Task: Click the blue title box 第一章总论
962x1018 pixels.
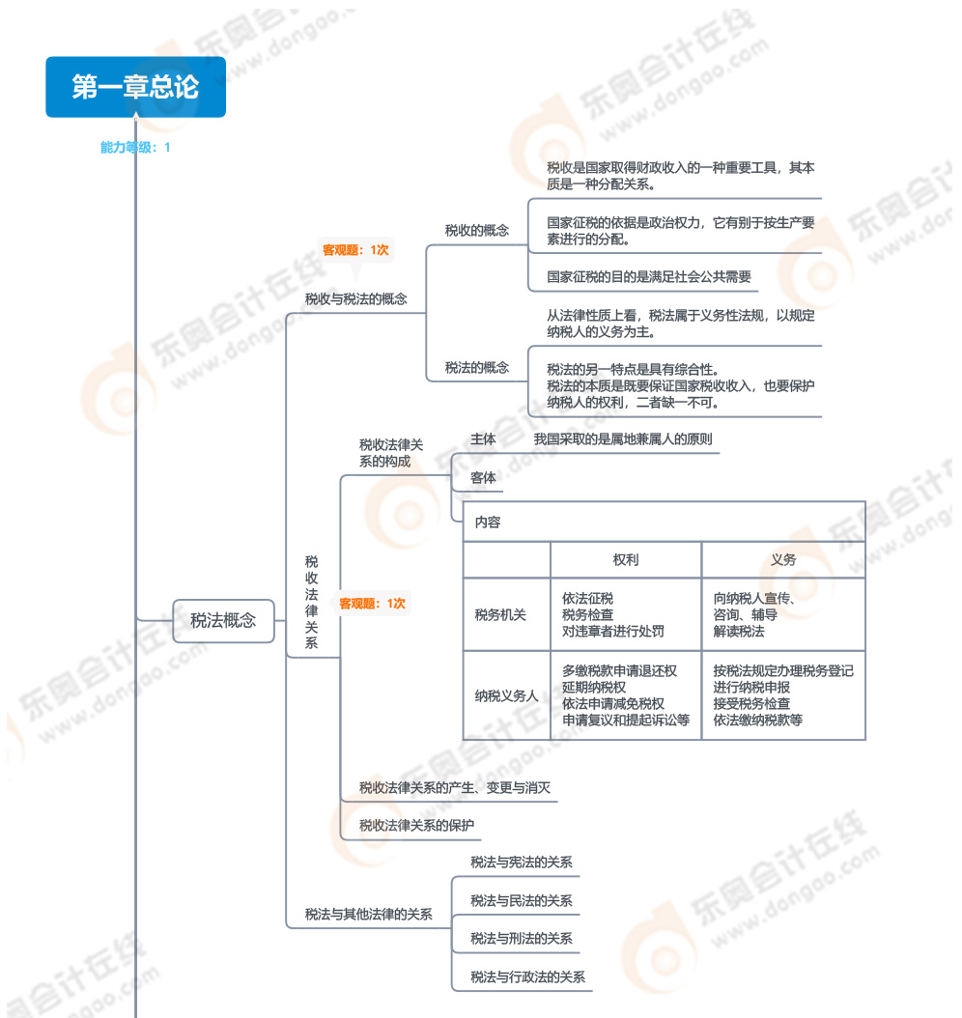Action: [x=135, y=87]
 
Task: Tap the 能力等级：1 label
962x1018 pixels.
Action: [x=135, y=148]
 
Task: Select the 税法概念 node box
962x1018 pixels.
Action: [x=223, y=621]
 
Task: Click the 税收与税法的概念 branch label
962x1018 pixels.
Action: [x=355, y=299]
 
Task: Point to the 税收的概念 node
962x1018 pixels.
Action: [x=476, y=230]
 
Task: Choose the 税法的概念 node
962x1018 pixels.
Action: [x=476, y=367]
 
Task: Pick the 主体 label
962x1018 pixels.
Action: [x=483, y=439]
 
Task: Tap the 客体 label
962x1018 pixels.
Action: [x=483, y=478]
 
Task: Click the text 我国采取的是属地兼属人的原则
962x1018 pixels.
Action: [x=623, y=439]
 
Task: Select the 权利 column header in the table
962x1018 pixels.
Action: [x=625, y=560]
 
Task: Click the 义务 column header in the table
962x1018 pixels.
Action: [x=783, y=560]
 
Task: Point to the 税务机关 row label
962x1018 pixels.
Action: [x=500, y=615]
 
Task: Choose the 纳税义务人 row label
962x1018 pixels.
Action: [x=506, y=695]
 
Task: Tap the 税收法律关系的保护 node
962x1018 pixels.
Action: [x=416, y=826]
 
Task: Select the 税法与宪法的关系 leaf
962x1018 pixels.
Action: [x=522, y=862]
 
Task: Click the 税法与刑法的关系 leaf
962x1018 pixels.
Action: [x=522, y=939]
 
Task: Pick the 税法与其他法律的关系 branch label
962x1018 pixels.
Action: [x=368, y=914]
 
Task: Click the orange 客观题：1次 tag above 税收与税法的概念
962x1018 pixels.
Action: [x=355, y=250]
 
